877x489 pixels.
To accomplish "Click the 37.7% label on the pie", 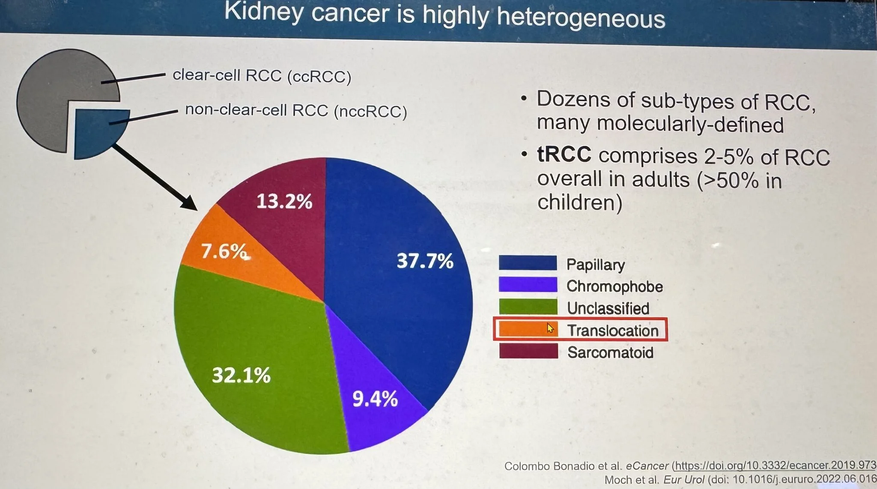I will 425,261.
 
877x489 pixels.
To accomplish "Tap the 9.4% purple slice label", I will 375,399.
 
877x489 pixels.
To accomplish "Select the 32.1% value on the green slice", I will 241,376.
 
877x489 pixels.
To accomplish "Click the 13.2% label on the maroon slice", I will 284,201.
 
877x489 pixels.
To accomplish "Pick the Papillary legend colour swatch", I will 528,263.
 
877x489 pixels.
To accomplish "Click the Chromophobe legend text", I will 614,286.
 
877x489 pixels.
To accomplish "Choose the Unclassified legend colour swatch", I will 528,307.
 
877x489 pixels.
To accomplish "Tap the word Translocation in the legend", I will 613,331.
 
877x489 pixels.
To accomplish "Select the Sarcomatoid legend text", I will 610,352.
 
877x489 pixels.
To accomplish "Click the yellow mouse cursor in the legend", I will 550,328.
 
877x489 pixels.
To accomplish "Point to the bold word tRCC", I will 564,155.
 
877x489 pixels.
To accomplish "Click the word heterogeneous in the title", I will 581,18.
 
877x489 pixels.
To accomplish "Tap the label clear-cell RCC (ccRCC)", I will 262,76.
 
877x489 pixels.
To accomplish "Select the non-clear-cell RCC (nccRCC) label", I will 296,110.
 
